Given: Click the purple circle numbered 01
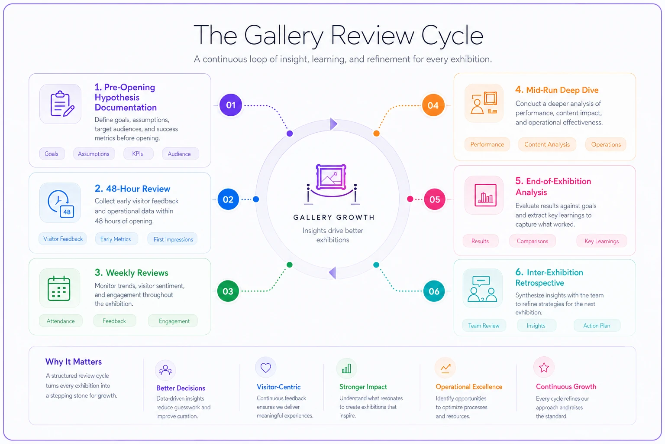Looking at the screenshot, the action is (x=231, y=105).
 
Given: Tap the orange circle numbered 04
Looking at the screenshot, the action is (x=433, y=105).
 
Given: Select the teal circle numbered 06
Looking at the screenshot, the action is (x=434, y=291).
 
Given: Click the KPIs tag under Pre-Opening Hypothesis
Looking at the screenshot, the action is (x=138, y=154).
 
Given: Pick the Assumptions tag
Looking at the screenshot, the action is (x=94, y=154).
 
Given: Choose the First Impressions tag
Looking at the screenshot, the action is (x=173, y=239).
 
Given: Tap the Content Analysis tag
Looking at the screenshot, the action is (x=547, y=144).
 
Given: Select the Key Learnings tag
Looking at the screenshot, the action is (x=601, y=241).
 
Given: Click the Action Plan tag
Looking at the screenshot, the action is (x=597, y=326).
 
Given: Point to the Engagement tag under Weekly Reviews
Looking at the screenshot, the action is (x=174, y=321).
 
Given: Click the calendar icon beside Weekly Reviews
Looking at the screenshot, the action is (x=59, y=288).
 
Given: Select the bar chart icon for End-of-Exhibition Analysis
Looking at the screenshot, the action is (x=485, y=195).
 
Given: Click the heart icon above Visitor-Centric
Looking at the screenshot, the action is (x=266, y=368).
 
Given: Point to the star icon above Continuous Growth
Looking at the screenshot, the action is (x=544, y=368).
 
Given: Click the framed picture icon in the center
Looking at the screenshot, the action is (x=331, y=177).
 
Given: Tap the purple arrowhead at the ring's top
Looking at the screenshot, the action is (x=333, y=124).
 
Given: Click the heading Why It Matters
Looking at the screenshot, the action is (x=74, y=362).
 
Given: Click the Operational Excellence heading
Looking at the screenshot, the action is (x=469, y=387).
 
